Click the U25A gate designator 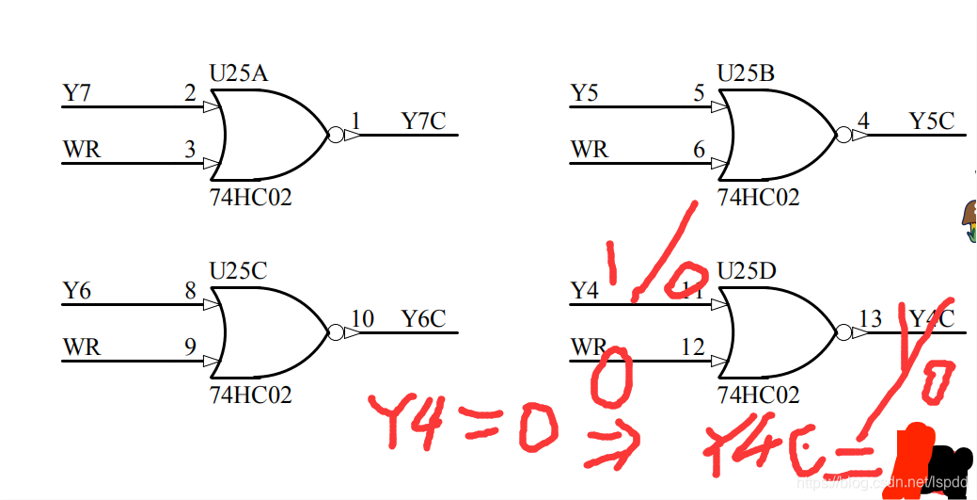(x=239, y=73)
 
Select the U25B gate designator (x=747, y=73)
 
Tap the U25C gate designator (x=239, y=271)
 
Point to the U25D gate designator (x=747, y=271)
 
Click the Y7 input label (x=77, y=93)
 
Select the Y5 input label (x=585, y=93)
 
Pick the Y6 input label (x=77, y=291)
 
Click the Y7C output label (x=423, y=121)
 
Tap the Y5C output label (x=931, y=121)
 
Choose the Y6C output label (x=423, y=319)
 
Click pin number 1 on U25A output (x=355, y=121)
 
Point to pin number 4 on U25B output (x=863, y=121)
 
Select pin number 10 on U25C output (x=362, y=318)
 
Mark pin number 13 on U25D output (x=870, y=318)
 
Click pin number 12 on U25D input (x=692, y=347)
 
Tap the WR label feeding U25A (x=82, y=150)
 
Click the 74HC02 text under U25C (x=250, y=395)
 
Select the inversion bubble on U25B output (x=843, y=136)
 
